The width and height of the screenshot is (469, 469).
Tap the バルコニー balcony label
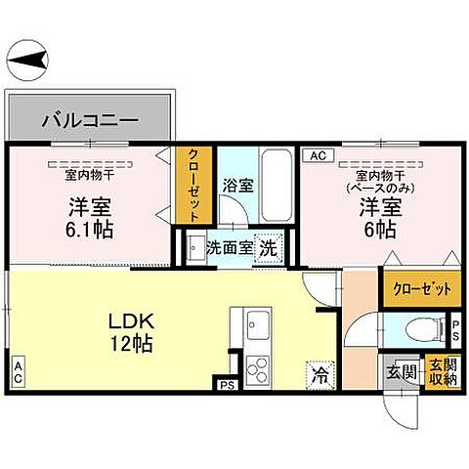(90, 123)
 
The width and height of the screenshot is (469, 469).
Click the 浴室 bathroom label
(236, 184)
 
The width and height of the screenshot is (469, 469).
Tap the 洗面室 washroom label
(229, 248)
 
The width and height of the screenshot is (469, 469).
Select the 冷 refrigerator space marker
(320, 372)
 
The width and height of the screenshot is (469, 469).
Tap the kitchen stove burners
(259, 369)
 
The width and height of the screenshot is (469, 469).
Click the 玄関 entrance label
(401, 371)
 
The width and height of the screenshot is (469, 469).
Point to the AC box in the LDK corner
(18, 370)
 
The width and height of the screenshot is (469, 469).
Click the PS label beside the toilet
(455, 327)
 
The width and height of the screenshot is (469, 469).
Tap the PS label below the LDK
(227, 384)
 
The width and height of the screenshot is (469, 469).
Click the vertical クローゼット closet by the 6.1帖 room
(190, 186)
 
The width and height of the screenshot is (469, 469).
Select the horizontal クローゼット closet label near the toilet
(422, 288)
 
